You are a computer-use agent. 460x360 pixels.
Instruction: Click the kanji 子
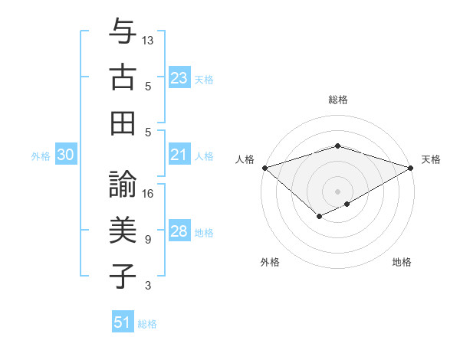tap(123, 276)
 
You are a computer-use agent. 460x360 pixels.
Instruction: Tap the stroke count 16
tap(148, 193)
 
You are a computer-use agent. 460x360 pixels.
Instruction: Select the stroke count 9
tap(148, 239)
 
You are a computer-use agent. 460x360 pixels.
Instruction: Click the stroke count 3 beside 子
tap(148, 285)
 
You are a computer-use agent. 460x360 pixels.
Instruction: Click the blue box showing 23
tap(179, 78)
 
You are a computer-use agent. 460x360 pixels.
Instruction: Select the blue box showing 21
tap(179, 155)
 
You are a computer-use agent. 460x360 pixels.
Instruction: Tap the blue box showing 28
tap(179, 231)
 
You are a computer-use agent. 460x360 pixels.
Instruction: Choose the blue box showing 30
tap(66, 155)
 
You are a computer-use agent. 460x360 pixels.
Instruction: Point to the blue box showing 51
tap(123, 322)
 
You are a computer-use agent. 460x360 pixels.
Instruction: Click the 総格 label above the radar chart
tap(338, 100)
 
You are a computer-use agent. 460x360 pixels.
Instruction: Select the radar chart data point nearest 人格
tap(264, 168)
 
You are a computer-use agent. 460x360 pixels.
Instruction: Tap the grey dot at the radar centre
tap(337, 191)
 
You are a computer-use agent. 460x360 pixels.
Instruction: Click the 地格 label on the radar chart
tap(402, 263)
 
